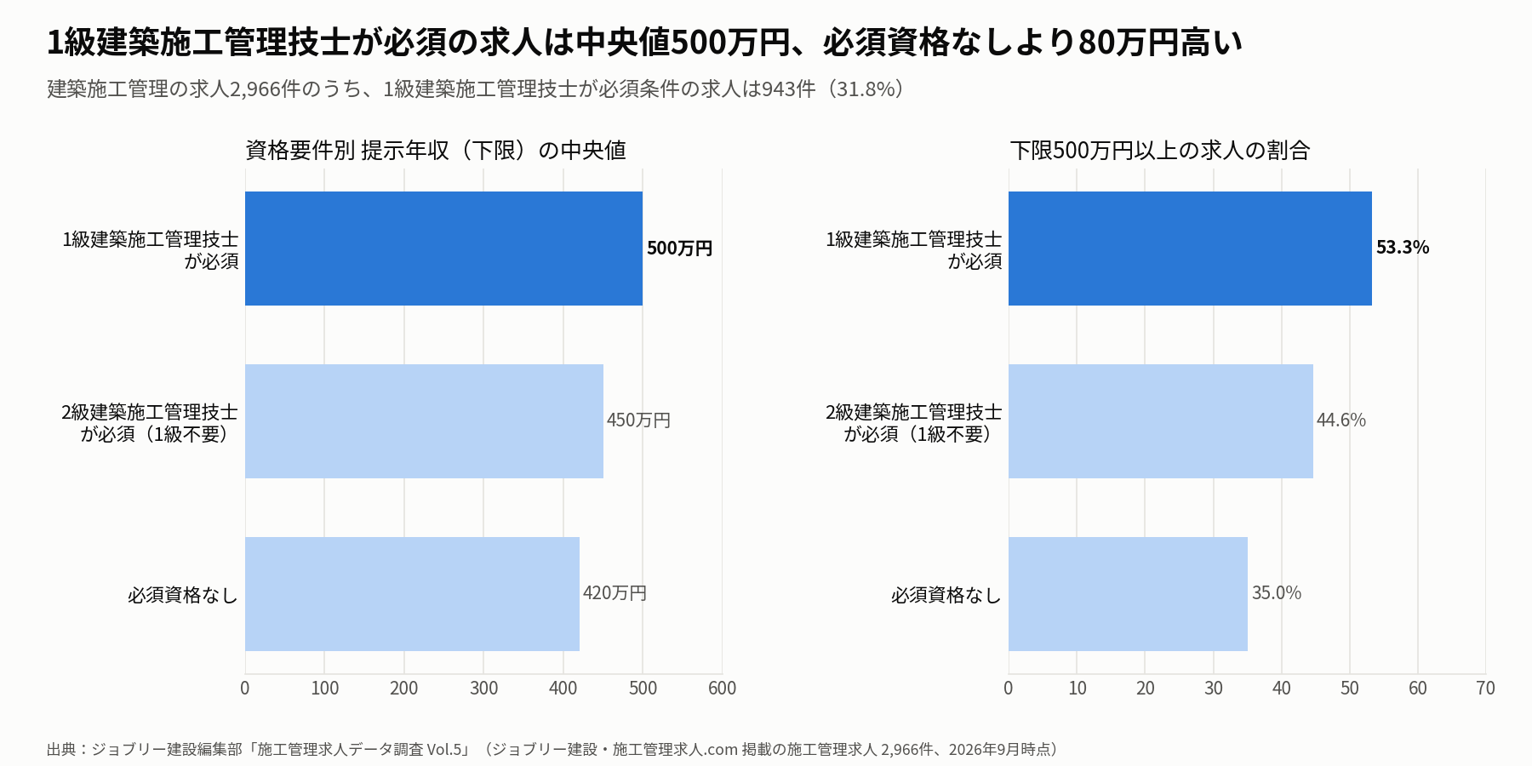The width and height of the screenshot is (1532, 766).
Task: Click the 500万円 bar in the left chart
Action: [443, 249]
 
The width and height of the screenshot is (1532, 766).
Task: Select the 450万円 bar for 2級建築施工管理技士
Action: [424, 421]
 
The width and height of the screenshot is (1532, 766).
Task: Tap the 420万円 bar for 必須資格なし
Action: [412, 594]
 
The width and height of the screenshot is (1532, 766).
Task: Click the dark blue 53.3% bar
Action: [1190, 249]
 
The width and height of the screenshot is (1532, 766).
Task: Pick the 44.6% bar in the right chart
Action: [1161, 421]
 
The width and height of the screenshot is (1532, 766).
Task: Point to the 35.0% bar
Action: [1128, 594]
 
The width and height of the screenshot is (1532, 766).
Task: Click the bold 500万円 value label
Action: [679, 249]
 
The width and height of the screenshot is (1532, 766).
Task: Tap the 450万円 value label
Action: [638, 420]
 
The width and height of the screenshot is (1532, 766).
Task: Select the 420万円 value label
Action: [615, 593]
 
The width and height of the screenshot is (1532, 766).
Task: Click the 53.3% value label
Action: [1403, 248]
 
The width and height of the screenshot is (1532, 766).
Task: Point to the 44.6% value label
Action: [1341, 420]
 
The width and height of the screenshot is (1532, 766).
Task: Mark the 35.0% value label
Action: [1277, 593]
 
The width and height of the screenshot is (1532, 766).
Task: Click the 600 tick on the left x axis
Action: [723, 689]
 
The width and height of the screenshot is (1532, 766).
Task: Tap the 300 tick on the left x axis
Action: [483, 689]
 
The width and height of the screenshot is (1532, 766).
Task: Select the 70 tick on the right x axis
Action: [1486, 689]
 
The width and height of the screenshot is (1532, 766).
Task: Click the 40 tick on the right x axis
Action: [1282, 689]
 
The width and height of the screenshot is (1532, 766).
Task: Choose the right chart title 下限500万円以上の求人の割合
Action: [1160, 151]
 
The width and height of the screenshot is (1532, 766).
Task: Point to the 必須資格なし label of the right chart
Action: [946, 595]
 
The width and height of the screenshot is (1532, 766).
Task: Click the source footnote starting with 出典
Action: [552, 750]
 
